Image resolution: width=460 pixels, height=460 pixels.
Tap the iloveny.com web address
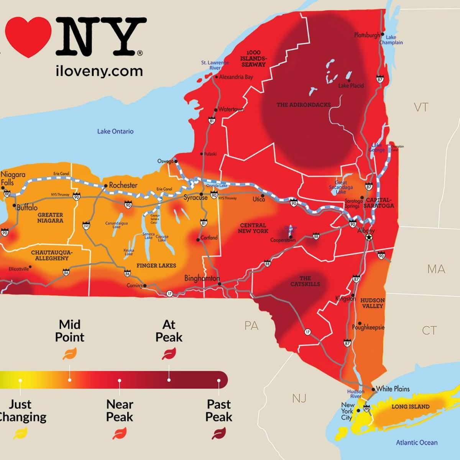tap(99, 71)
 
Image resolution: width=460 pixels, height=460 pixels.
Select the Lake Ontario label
tap(115, 131)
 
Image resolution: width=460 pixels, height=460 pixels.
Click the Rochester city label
tap(123, 185)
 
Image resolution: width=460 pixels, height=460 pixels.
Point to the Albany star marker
tap(369, 238)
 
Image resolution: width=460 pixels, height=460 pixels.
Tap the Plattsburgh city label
tap(367, 35)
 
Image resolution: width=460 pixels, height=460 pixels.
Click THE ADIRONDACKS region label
tap(304, 105)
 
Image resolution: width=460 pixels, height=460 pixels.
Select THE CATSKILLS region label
tap(305, 281)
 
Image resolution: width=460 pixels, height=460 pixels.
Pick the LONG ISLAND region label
tap(410, 406)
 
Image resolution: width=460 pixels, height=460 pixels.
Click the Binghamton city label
tap(202, 278)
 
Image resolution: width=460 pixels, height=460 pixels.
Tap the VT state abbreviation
tap(421, 107)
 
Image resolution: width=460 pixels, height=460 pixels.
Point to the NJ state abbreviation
tap(299, 399)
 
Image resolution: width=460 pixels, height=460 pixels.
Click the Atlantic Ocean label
tap(417, 443)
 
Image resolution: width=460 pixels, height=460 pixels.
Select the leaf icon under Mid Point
tap(70, 353)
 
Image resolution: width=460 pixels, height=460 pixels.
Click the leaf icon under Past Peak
tap(219, 434)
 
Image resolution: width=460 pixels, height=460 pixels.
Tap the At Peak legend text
tap(169, 331)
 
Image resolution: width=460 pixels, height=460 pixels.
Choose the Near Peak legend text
tap(120, 411)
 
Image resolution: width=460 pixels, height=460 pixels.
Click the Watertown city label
tap(231, 109)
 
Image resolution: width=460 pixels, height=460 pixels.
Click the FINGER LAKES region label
tap(156, 265)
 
